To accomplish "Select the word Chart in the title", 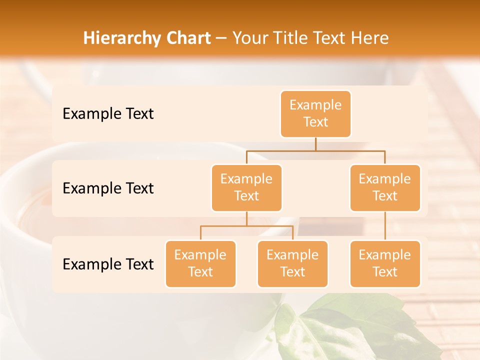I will coord(187,38).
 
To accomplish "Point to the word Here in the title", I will coord(369,38).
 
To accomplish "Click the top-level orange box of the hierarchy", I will coord(315,114).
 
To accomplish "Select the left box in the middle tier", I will coord(246,188).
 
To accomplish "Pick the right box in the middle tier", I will coord(385,188).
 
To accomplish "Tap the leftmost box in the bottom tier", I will coord(200,264).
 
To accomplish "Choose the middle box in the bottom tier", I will coord(292,264).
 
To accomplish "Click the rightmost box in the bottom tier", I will coord(385,264).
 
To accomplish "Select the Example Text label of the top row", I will coord(108,114).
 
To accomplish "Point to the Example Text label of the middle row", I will coord(108,188).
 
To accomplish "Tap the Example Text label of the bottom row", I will coord(108,264).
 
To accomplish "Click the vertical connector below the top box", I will coord(315,144).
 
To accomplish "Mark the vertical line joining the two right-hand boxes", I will coord(385,226).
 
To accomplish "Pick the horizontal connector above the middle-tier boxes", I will coord(315,150).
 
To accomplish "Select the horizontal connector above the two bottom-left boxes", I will coord(246,226).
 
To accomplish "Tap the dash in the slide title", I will coord(221,38).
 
